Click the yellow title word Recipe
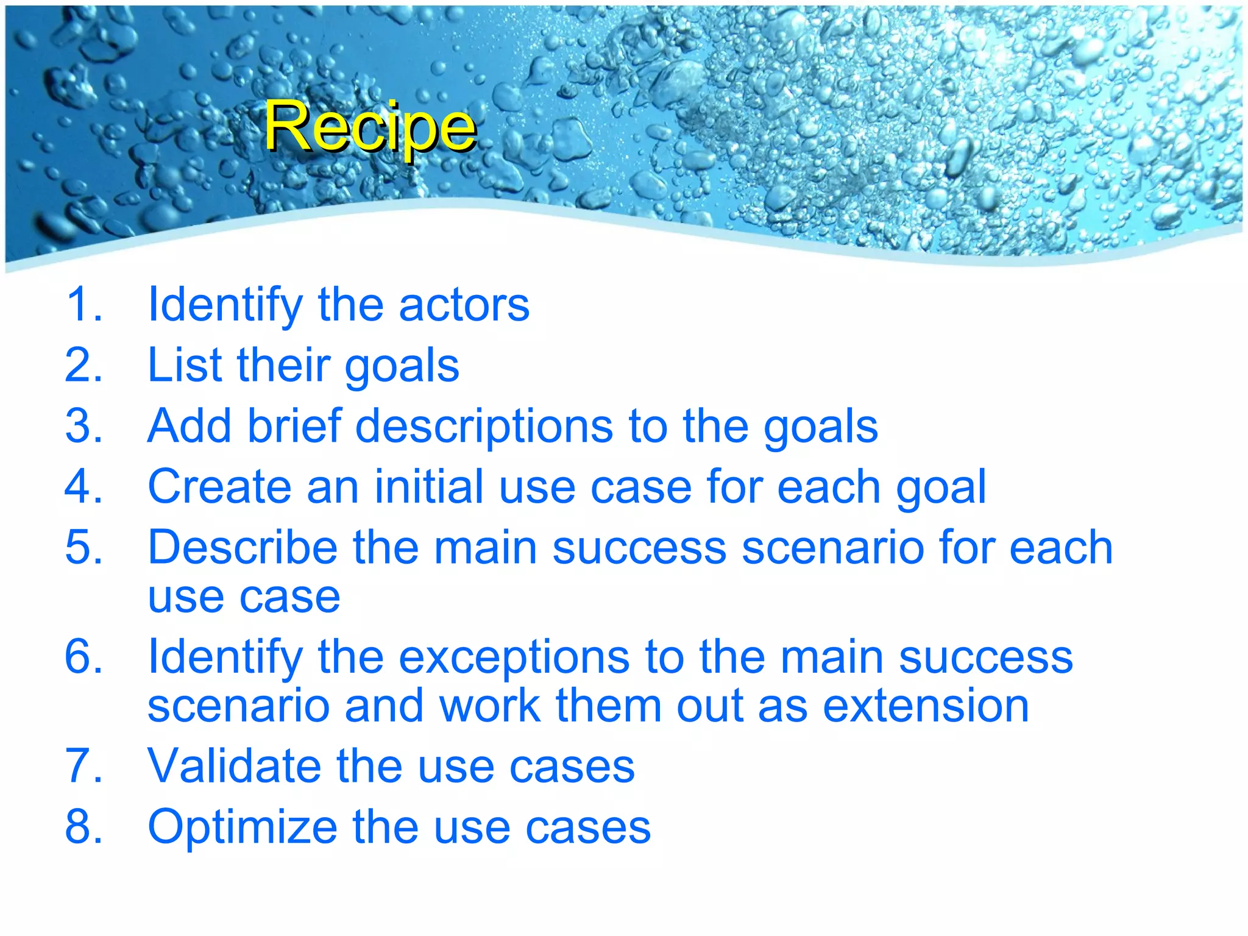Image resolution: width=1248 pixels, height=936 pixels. pos(369,127)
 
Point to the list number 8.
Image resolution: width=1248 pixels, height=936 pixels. pos(83,827)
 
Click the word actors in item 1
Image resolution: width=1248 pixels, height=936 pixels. pos(464,305)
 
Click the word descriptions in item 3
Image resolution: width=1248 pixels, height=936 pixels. pos(484,427)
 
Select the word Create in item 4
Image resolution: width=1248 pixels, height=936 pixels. pos(219,487)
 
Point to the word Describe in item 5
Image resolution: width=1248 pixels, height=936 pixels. pos(242,547)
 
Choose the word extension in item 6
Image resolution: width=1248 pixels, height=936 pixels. pos(926,706)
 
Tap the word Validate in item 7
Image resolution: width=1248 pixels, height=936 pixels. pos(234,766)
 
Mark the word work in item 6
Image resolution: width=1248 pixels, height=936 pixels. pos(489,706)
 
